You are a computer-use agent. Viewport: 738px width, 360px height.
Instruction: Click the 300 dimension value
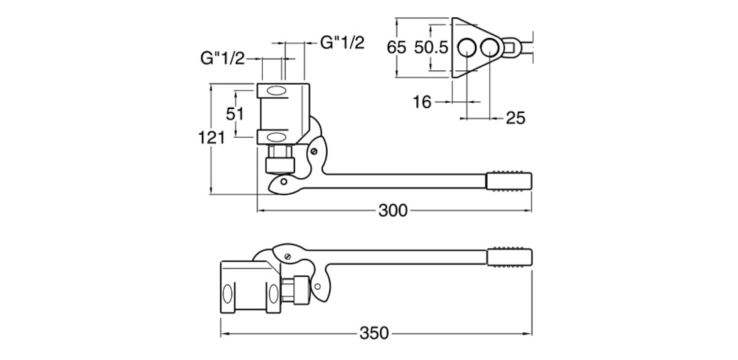point(393,210)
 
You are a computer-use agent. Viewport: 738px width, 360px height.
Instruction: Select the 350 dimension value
point(374,333)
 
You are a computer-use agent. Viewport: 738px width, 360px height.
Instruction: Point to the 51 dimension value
point(235,114)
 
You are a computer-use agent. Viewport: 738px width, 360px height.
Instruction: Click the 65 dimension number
point(397,48)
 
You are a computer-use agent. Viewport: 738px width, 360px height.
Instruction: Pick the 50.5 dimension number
point(430,48)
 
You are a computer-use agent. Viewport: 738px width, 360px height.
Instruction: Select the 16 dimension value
point(422,102)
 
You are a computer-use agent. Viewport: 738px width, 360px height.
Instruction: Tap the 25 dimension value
point(515,118)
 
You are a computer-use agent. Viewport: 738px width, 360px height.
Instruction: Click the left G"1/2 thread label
point(222,59)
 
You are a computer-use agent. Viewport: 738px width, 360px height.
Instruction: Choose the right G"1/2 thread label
point(342,43)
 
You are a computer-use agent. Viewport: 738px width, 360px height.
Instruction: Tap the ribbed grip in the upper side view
point(509,180)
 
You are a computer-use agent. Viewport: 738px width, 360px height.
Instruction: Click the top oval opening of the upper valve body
point(277,91)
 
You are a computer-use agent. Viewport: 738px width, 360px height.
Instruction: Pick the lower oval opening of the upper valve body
point(277,136)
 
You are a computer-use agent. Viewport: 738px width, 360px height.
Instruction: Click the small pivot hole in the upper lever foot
point(283,181)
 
